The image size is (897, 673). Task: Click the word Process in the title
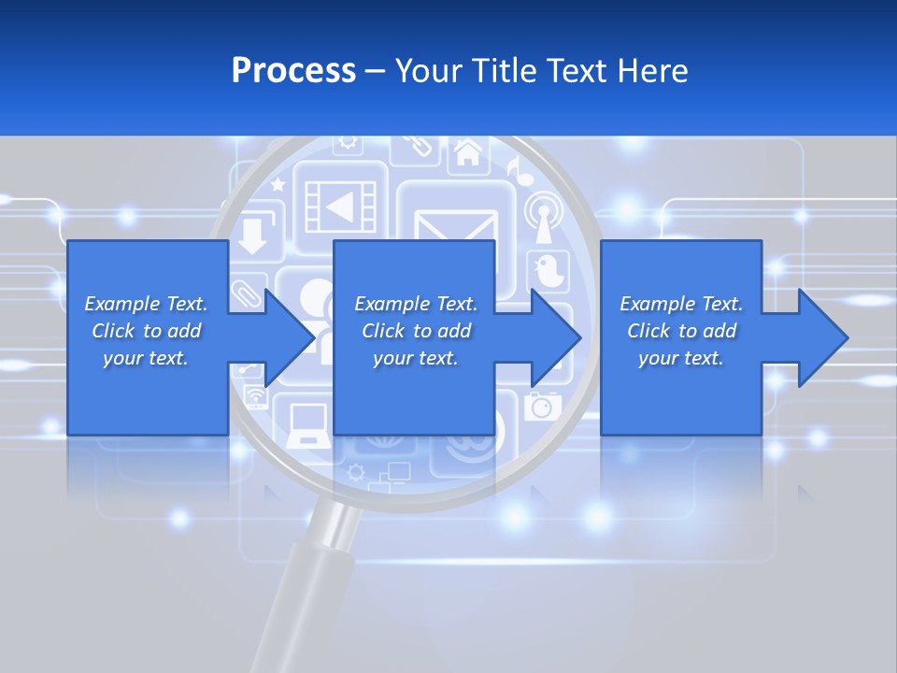pyautogui.click(x=293, y=71)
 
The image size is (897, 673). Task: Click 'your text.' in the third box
pyautogui.click(x=680, y=359)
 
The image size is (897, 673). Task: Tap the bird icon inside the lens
pyautogui.click(x=548, y=270)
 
